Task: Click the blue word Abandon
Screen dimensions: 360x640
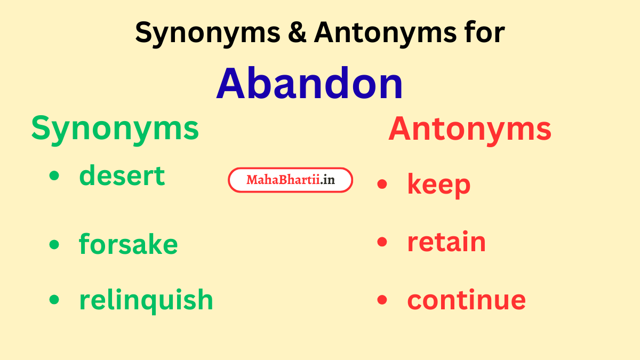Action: click(309, 84)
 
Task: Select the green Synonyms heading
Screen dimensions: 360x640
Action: click(115, 129)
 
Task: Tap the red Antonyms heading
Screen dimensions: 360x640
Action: click(469, 129)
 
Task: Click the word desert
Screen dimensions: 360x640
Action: click(122, 175)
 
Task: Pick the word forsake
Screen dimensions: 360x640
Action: click(128, 244)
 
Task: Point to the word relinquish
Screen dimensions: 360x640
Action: click(146, 300)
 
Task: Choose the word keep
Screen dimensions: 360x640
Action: click(438, 185)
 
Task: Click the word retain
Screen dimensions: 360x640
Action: click(446, 242)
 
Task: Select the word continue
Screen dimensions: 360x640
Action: click(466, 300)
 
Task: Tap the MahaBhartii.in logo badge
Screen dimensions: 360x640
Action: click(291, 180)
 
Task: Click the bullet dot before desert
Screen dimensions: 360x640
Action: click(54, 176)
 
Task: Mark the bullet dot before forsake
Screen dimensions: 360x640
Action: click(54, 244)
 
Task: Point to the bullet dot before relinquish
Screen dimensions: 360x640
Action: click(54, 300)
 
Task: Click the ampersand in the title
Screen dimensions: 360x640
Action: click(297, 33)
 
